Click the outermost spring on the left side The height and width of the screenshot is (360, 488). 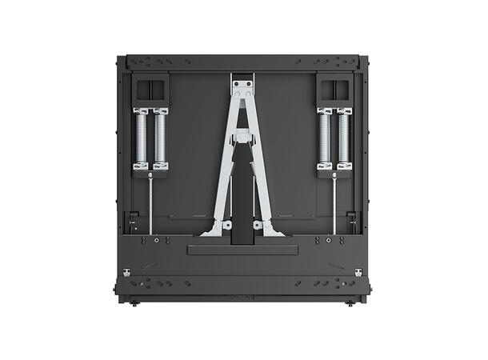point(141,138)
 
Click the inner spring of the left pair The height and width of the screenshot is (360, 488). point(161,138)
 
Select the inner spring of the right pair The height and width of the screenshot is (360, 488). point(325,138)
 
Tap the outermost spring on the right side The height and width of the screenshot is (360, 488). point(345,138)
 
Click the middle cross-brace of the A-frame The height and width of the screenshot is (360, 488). point(242,138)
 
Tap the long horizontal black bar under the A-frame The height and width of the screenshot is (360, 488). point(242,250)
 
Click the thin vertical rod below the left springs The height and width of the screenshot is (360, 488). point(150,204)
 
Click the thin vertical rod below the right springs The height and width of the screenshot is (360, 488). point(334,204)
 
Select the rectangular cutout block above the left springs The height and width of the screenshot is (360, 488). point(150,87)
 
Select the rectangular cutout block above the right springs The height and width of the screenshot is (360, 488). point(334,87)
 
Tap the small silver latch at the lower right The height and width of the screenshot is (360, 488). point(358,273)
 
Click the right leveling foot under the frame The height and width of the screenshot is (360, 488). point(350,303)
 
